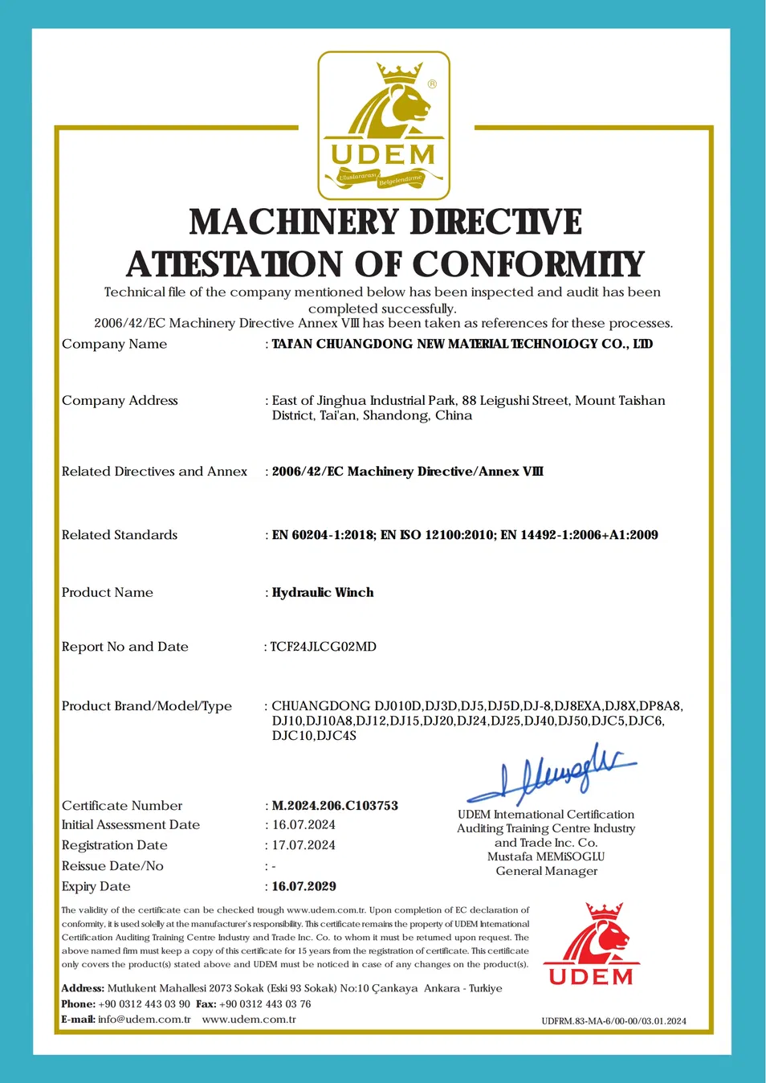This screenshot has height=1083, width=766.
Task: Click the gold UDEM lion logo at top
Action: click(x=384, y=125)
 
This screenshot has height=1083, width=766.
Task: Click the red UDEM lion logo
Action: click(x=592, y=945)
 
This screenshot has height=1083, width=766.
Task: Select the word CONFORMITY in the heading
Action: click(x=528, y=264)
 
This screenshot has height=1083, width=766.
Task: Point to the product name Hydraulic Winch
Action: click(x=323, y=593)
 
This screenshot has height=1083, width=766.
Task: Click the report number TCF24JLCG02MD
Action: click(x=324, y=647)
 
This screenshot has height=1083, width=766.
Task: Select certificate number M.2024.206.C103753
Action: click(x=335, y=806)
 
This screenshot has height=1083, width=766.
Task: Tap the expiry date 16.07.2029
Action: click(x=304, y=887)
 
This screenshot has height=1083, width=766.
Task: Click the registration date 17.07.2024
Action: click(x=304, y=845)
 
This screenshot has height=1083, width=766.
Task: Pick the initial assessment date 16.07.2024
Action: click(x=304, y=825)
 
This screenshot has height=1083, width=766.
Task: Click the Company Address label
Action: click(x=120, y=401)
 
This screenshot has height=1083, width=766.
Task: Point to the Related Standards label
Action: click(x=120, y=535)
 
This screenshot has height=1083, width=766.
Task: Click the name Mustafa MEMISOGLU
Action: click(x=546, y=857)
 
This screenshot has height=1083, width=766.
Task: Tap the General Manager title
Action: click(x=546, y=872)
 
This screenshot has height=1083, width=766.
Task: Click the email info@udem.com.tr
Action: click(x=145, y=1020)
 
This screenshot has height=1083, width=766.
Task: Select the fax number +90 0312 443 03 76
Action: click(x=265, y=1004)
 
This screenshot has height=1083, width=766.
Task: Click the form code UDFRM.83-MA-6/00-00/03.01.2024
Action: click(x=613, y=1021)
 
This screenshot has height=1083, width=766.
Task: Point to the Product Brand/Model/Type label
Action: click(x=147, y=706)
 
